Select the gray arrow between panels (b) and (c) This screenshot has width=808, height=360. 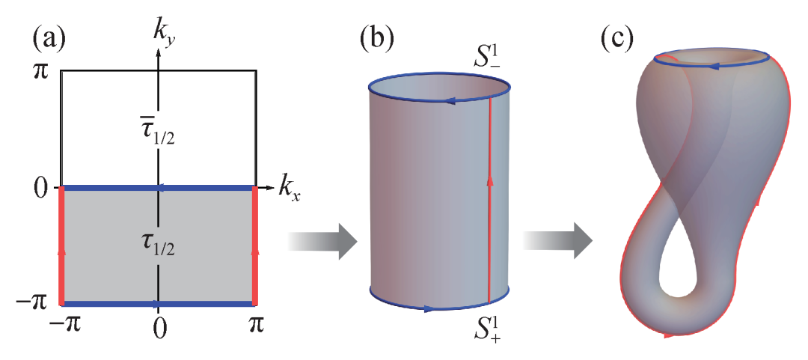[558, 241]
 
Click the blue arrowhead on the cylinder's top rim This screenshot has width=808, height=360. [449, 102]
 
